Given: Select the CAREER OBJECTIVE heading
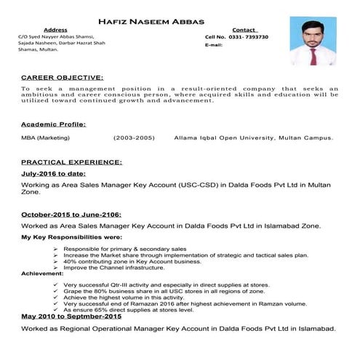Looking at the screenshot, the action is tap(62, 76).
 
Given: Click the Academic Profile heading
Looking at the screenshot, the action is tap(53, 124).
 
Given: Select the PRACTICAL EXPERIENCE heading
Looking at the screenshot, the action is tap(71, 161).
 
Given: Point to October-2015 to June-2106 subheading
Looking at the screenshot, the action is tap(71, 215).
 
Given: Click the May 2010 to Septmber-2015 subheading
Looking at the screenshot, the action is tap(71, 317).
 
